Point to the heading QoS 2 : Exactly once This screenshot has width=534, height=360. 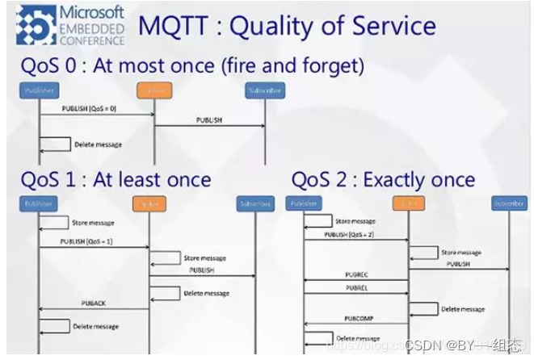383,178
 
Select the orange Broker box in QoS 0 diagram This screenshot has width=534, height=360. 154,90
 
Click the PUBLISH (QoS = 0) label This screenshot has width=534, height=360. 90,107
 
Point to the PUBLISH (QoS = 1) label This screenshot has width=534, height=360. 85,241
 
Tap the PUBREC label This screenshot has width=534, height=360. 355,274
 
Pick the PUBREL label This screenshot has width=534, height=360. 355,287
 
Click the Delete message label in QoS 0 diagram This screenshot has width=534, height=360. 98,145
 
